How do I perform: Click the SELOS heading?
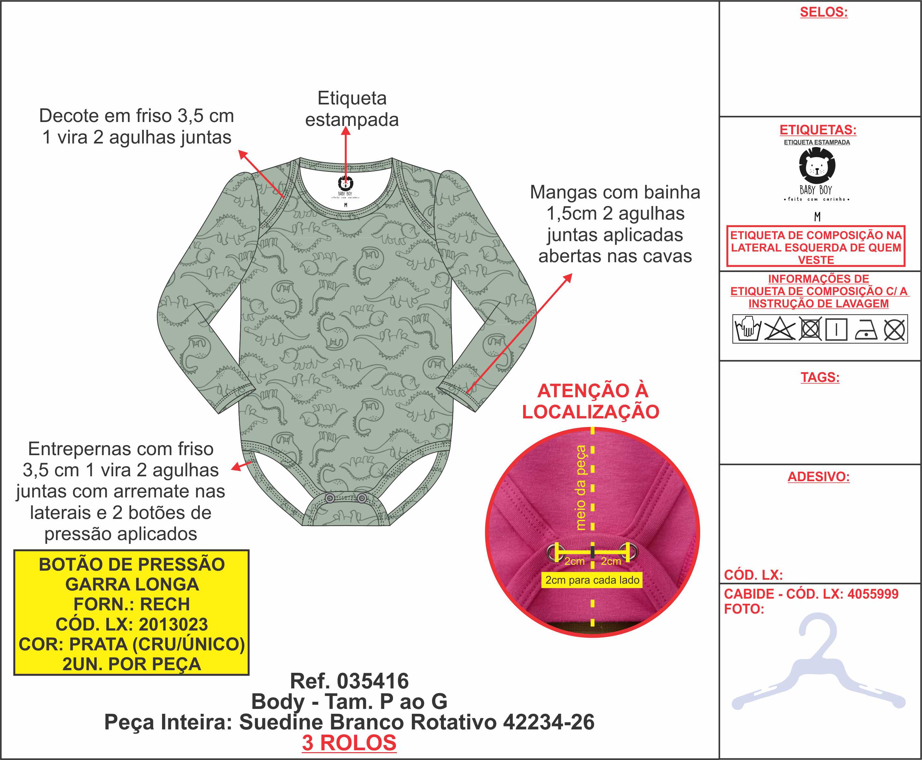tap(823, 12)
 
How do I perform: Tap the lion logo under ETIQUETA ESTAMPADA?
tap(817, 166)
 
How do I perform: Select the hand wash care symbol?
tap(748, 329)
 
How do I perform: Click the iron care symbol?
tap(866, 330)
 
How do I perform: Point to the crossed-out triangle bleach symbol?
tap(779, 329)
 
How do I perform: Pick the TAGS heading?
tap(820, 377)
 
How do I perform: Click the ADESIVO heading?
tap(818, 477)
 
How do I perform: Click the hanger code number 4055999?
tap(873, 594)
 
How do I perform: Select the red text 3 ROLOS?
tap(349, 743)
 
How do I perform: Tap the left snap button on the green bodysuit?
tap(331, 498)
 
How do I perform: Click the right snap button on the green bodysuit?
tap(362, 498)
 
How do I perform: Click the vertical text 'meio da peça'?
tap(580, 488)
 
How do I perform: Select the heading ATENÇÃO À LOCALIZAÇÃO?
tap(591, 401)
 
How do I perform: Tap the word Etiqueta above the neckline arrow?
tap(352, 98)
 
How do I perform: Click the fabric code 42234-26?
tap(549, 722)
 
